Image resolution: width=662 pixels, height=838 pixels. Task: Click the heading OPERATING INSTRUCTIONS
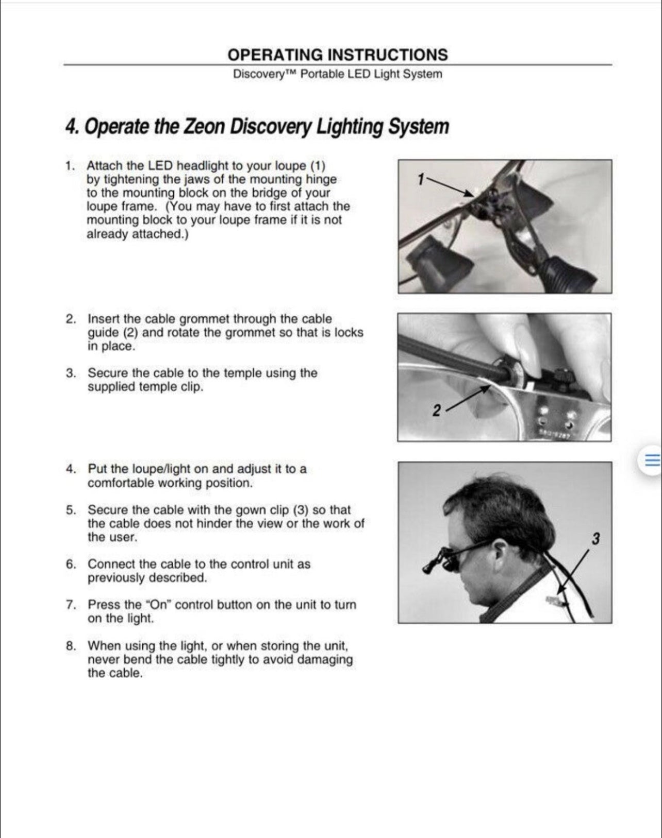pos(338,55)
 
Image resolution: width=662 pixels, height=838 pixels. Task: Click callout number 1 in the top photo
pos(421,179)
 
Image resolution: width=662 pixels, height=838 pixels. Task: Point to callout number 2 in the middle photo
pos(437,411)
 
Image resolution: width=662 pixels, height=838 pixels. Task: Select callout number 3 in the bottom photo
pos(595,539)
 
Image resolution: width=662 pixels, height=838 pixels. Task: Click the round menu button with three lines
pos(651,460)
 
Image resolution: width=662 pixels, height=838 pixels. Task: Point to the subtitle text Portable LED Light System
pos(371,74)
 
